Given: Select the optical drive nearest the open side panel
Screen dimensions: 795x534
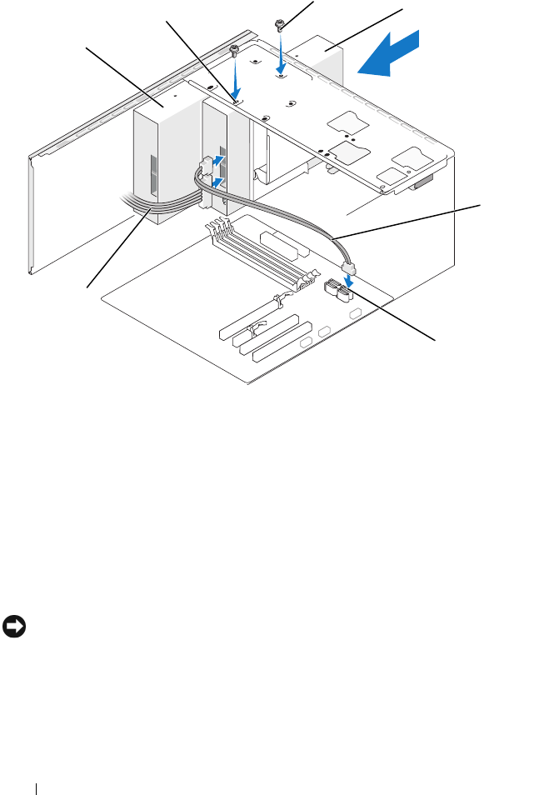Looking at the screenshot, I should pyautogui.click(x=162, y=154).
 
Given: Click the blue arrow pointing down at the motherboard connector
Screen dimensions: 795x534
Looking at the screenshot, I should pyautogui.click(x=352, y=281).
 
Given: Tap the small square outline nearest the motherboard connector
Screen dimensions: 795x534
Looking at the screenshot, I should pyautogui.click(x=357, y=312).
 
